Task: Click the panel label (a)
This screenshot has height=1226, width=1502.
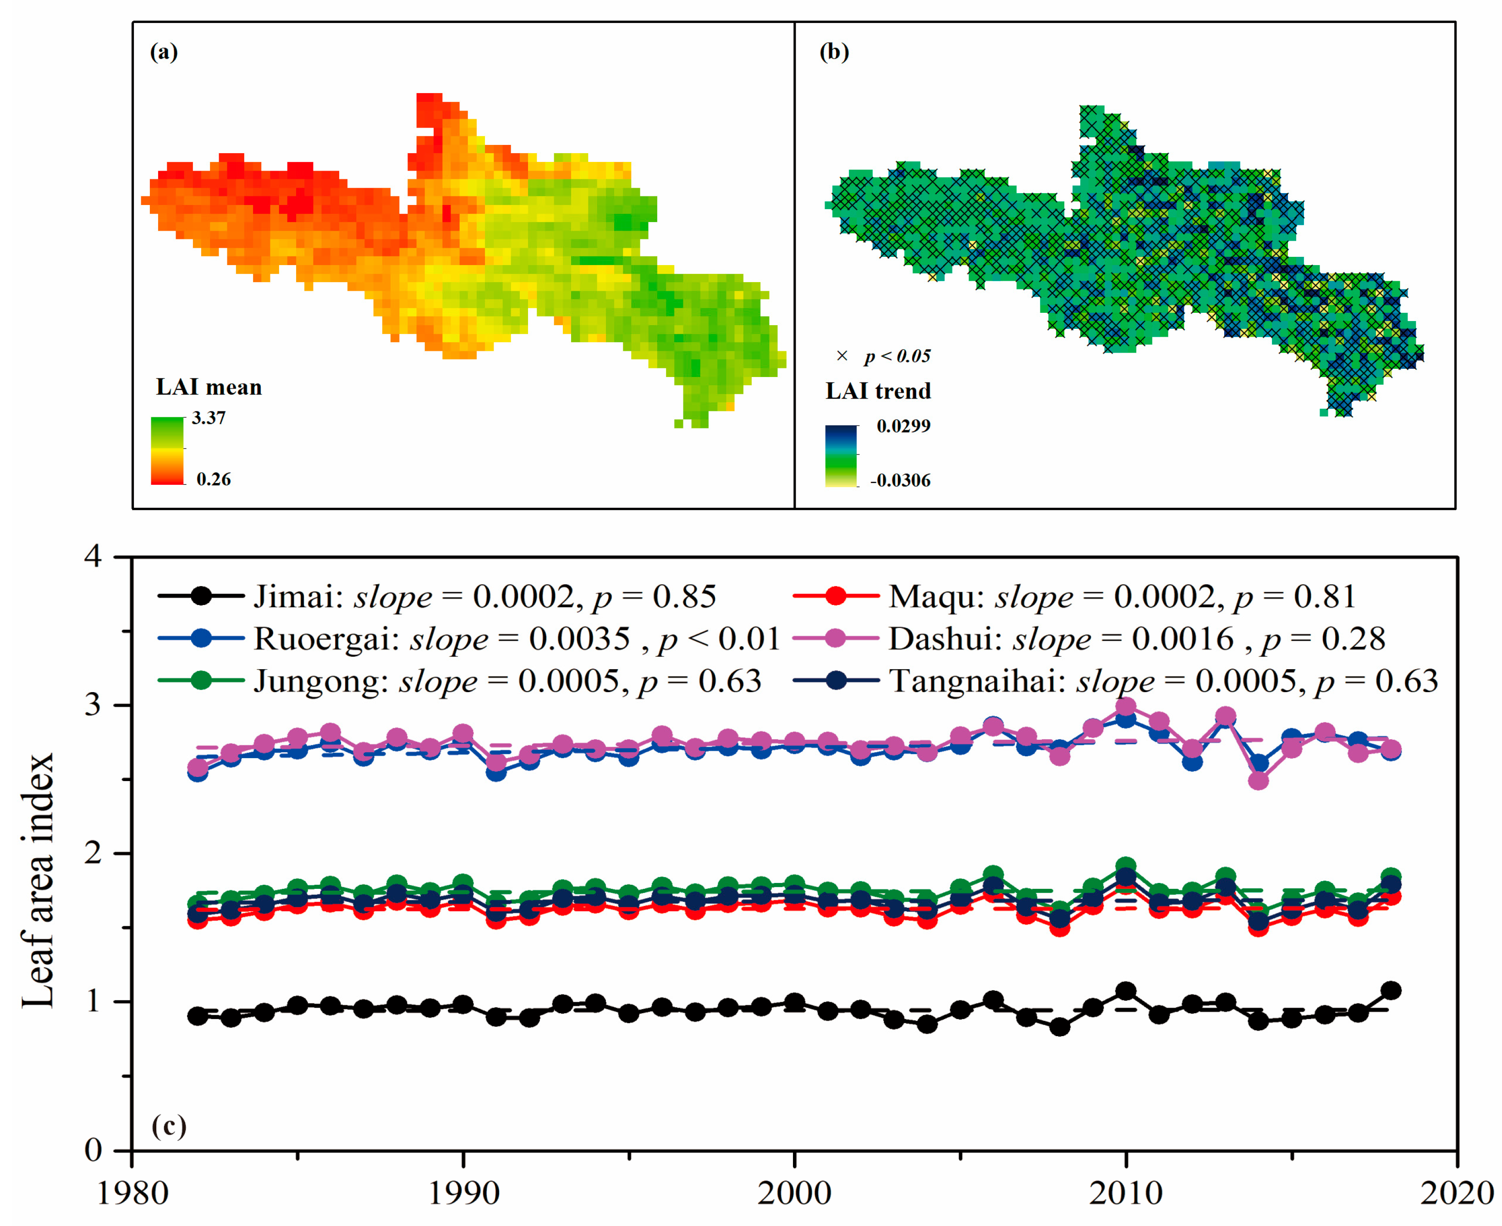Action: [164, 52]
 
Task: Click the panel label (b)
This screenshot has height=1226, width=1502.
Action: [834, 52]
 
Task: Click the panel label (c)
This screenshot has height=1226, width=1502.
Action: [169, 1125]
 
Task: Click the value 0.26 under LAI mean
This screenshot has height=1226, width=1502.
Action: [213, 479]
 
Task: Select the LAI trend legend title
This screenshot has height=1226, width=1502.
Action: [878, 390]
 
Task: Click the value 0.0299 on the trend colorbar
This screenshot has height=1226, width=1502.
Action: [903, 426]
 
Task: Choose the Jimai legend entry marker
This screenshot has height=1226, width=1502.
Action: [201, 596]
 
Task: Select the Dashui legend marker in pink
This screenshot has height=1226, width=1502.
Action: [836, 638]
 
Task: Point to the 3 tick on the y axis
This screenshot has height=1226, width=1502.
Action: [93, 705]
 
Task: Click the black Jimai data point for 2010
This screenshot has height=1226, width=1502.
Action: [1125, 991]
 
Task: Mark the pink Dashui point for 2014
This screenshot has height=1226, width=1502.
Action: [1258, 780]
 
